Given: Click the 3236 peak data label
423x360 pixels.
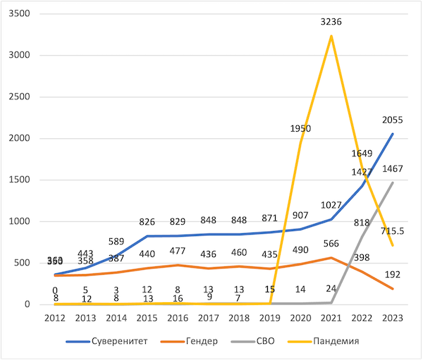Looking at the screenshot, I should (331, 22).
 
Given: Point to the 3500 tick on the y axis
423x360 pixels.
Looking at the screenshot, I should (28, 14).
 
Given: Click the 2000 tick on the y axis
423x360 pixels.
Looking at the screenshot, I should (28, 138).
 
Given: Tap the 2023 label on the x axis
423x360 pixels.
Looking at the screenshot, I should (392, 318).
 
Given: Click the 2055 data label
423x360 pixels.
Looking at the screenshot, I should (392, 120).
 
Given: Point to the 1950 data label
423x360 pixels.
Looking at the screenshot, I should (301, 129).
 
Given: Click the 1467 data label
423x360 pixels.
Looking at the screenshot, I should (392, 169).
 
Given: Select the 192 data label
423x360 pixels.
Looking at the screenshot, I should (392, 275).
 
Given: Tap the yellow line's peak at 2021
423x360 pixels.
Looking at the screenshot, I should (331, 36).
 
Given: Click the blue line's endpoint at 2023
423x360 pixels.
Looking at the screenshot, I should (393, 134).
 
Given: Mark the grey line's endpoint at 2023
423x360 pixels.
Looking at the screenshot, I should (393, 182).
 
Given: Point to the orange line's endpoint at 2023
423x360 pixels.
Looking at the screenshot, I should (393, 289).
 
